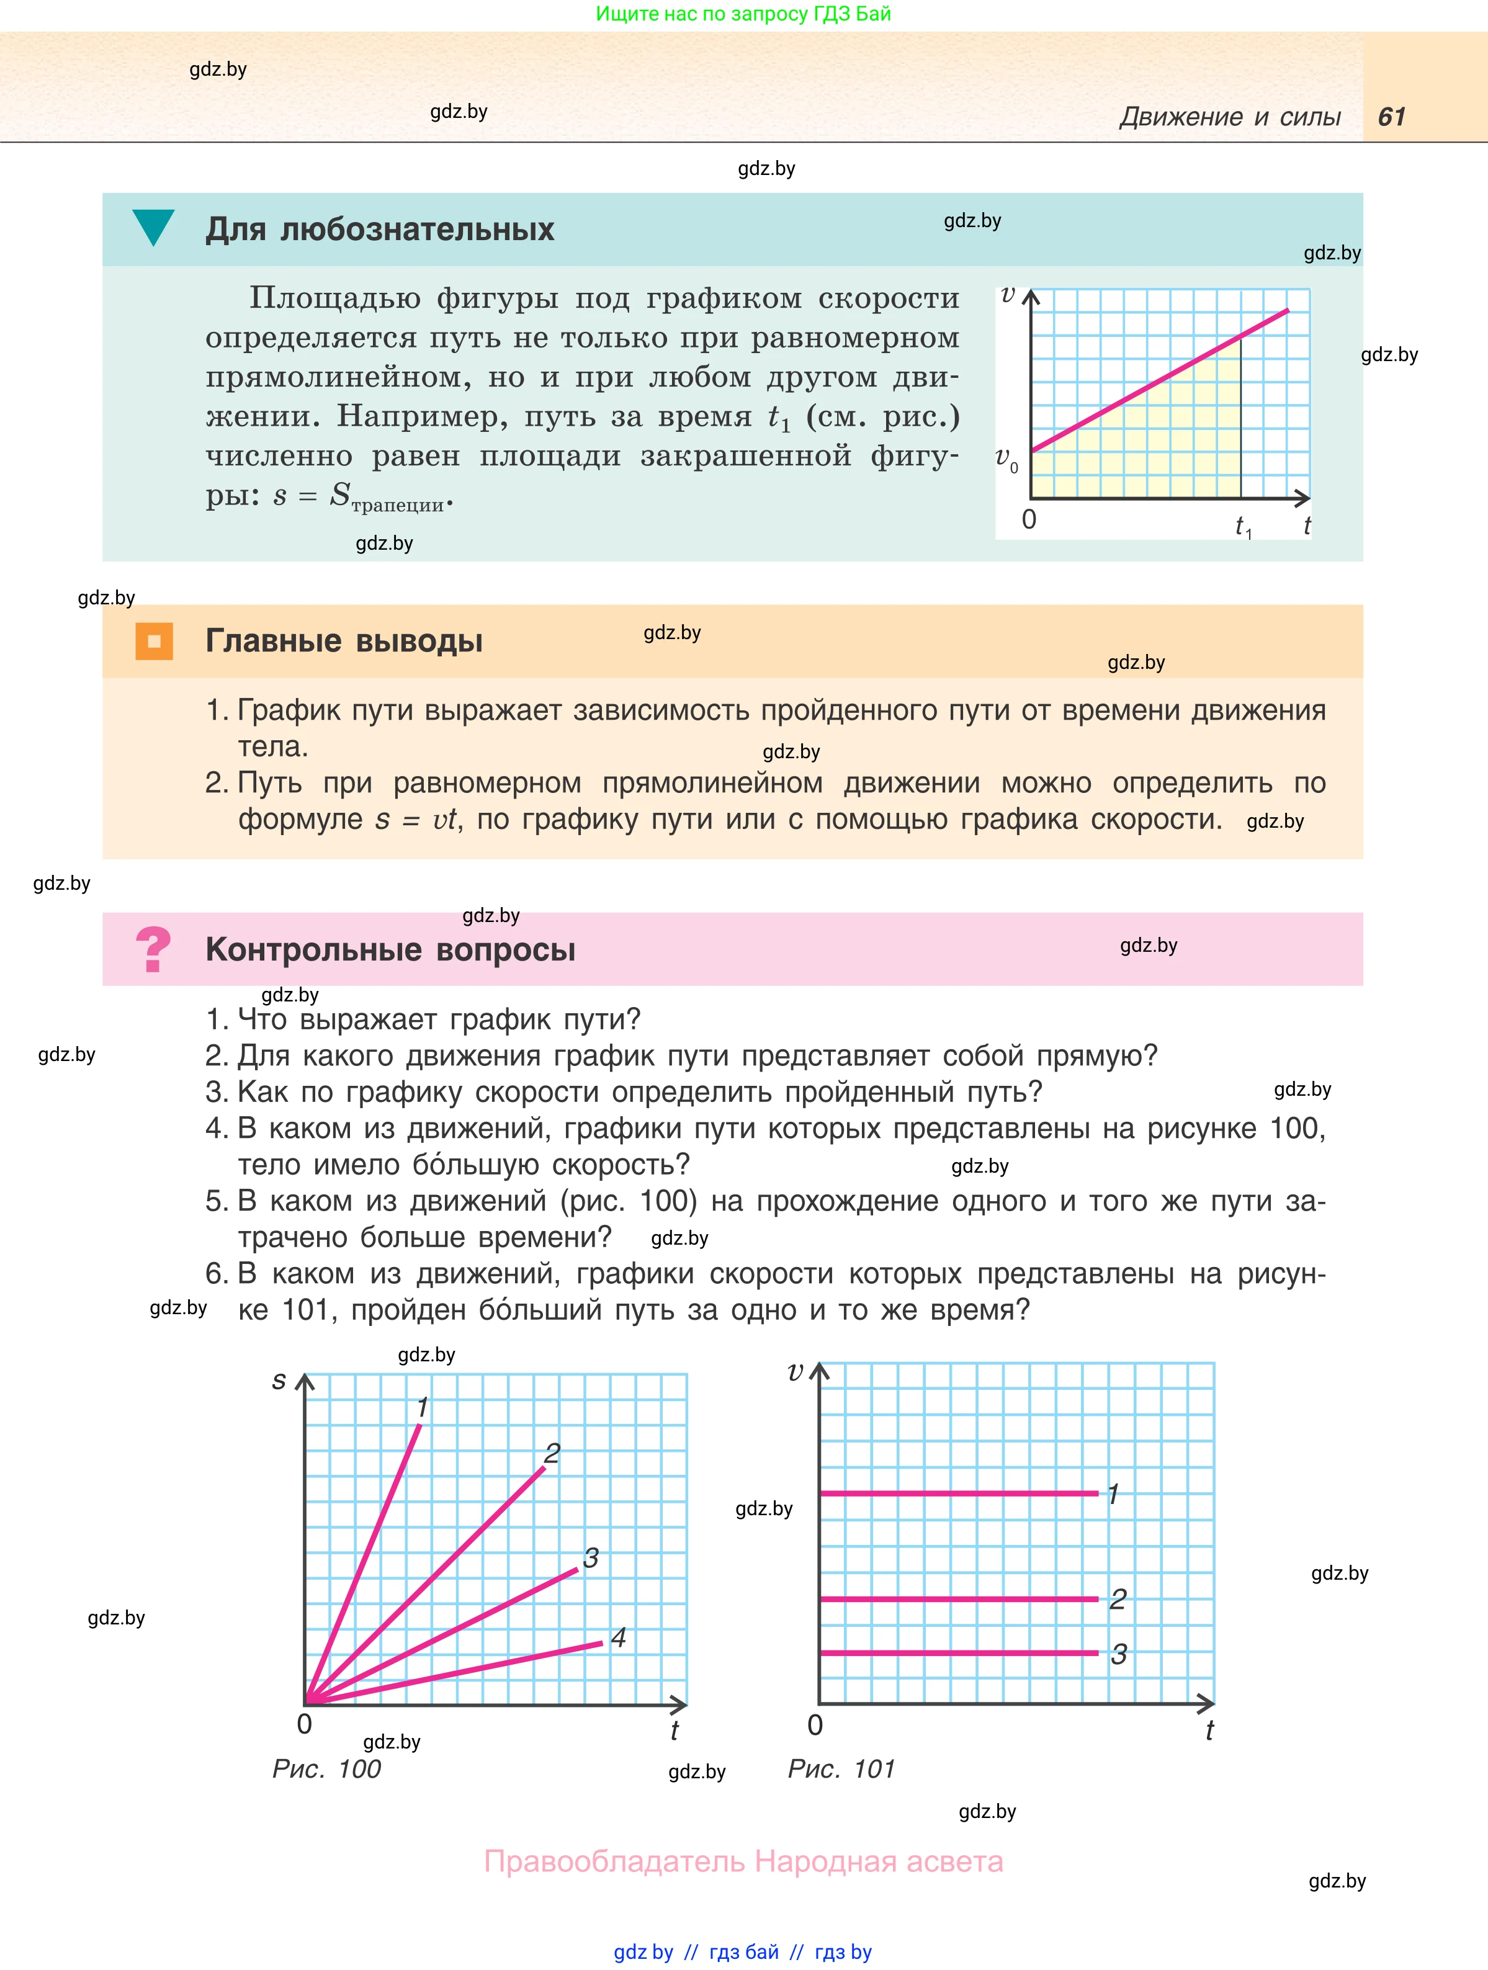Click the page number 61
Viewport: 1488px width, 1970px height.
(1391, 117)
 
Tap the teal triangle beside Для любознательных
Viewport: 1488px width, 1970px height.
(153, 226)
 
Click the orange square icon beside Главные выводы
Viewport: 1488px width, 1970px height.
(154, 641)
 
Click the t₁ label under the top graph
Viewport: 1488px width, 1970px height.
(1243, 527)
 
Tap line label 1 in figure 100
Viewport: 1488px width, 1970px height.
(423, 1407)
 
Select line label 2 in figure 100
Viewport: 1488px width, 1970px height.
(552, 1453)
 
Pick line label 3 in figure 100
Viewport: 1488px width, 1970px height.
(590, 1557)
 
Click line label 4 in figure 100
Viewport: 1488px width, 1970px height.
(618, 1637)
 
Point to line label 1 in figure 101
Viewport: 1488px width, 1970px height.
(1113, 1493)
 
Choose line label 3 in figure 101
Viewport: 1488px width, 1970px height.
(1118, 1654)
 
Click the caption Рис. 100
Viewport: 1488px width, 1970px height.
(326, 1769)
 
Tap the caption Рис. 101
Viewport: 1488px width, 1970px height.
(841, 1769)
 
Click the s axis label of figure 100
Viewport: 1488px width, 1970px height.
(279, 1381)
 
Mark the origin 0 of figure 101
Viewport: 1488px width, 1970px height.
(815, 1725)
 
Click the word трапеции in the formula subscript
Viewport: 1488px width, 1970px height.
(397, 505)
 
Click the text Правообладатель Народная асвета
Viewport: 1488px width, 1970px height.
(743, 1861)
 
